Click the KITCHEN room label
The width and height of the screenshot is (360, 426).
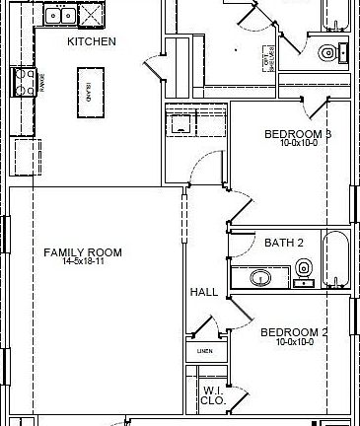pos(91,41)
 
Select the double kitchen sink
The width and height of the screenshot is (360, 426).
pos(60,15)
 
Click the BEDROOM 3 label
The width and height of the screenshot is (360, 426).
pos(297,134)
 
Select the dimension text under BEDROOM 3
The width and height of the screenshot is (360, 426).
pos(297,144)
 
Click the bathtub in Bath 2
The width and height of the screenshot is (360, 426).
pos(335,256)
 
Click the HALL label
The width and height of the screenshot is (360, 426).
pos(203,293)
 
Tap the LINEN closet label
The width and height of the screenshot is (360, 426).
pos(204,351)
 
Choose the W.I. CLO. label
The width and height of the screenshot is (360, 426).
pos(211,395)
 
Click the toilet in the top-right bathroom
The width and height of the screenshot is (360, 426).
pos(326,52)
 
